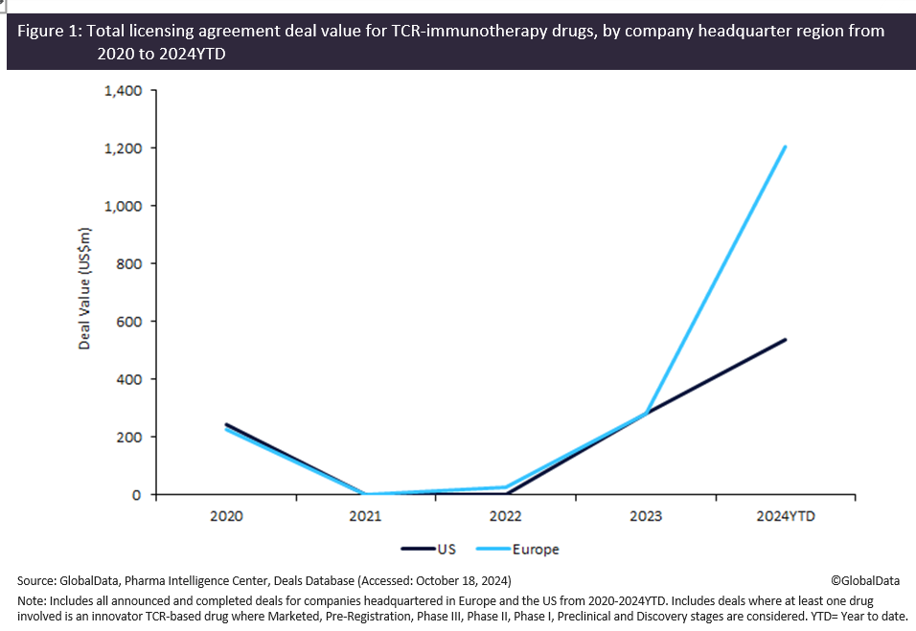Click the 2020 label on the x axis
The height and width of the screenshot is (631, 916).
click(226, 516)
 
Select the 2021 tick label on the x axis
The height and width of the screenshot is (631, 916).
click(366, 516)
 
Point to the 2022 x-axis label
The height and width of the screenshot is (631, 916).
click(505, 516)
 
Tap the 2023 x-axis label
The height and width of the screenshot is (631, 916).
click(646, 516)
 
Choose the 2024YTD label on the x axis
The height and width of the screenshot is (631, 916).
click(785, 516)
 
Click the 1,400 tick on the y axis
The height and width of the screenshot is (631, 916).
click(123, 91)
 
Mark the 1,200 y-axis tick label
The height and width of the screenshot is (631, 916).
click(123, 148)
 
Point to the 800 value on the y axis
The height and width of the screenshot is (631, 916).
click(130, 263)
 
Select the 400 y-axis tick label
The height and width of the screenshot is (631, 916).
click(130, 379)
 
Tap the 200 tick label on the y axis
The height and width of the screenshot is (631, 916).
click(130, 437)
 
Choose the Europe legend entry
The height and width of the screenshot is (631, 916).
click(535, 550)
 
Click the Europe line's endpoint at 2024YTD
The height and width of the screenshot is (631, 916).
click(786, 147)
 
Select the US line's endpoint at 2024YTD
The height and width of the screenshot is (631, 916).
click(786, 340)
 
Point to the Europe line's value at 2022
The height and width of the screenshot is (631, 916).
click(505, 487)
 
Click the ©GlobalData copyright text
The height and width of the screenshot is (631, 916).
click(865, 580)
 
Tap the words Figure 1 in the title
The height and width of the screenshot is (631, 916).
click(49, 32)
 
